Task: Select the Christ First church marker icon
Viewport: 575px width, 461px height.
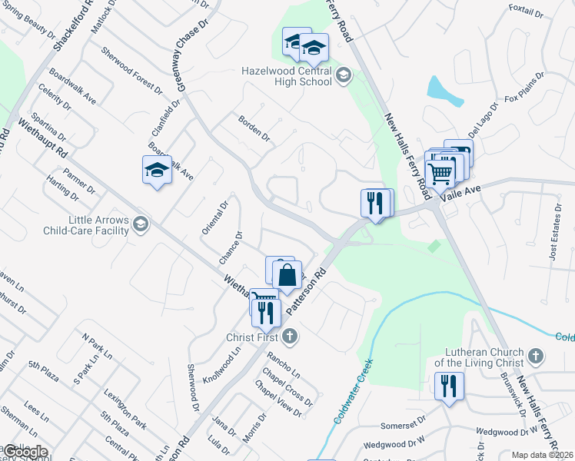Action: [290, 336]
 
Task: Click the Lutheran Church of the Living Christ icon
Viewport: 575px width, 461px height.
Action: [537, 356]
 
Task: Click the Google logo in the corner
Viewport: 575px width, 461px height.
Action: [25, 452]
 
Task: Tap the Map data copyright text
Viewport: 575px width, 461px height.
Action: [542, 455]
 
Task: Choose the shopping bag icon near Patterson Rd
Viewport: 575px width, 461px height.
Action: [287, 276]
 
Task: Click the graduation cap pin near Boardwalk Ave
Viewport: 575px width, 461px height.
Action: [157, 171]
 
